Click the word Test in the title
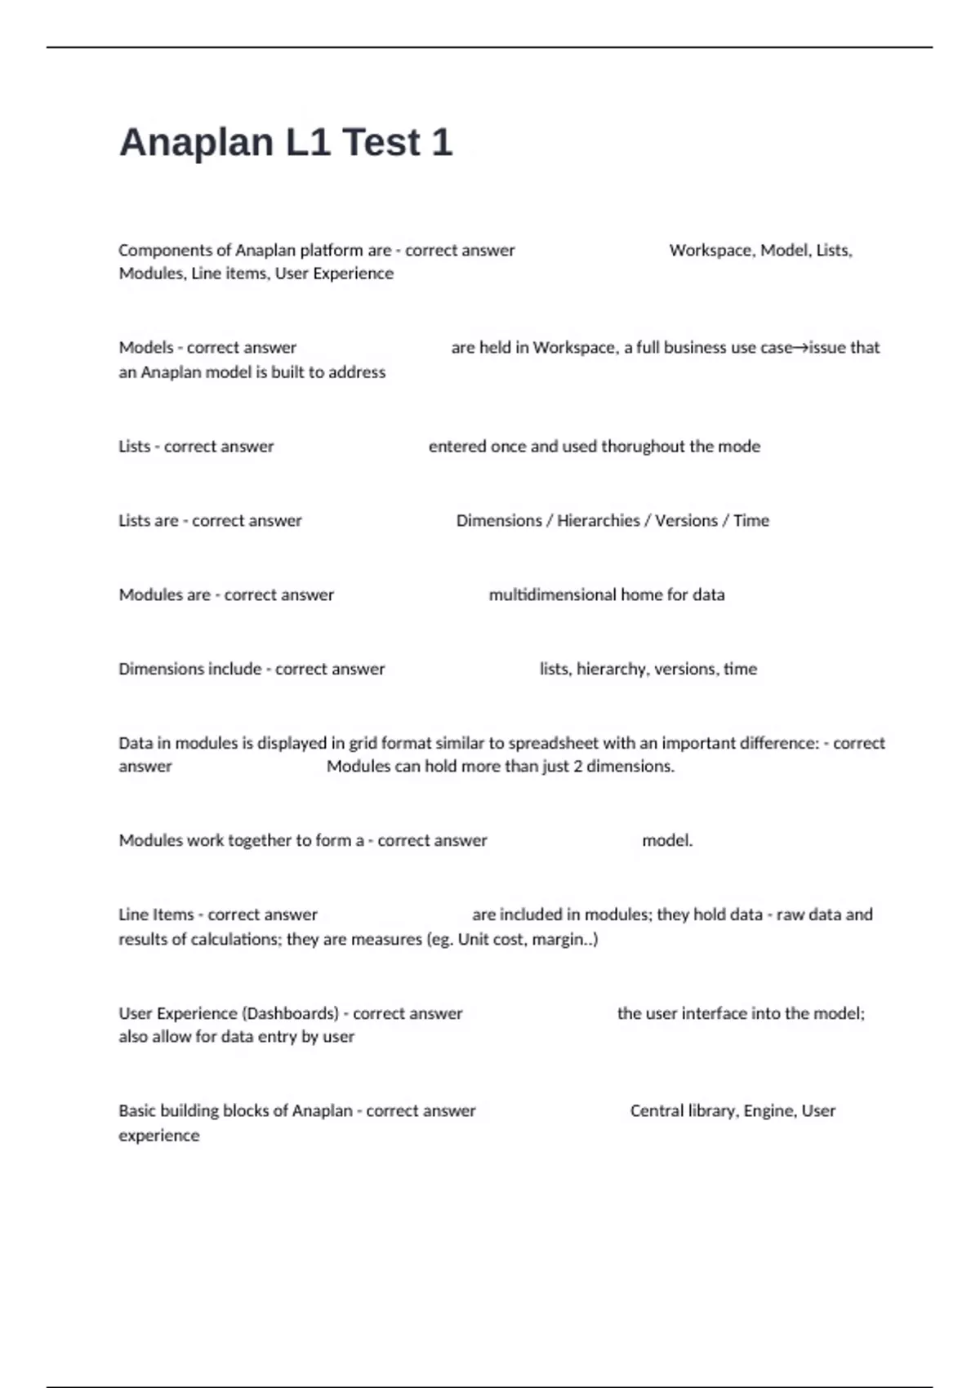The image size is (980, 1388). click(381, 143)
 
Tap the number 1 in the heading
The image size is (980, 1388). click(441, 143)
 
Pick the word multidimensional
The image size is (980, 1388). click(552, 595)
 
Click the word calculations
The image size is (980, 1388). click(236, 940)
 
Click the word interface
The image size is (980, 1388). click(714, 1014)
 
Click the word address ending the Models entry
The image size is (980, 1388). click(356, 372)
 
